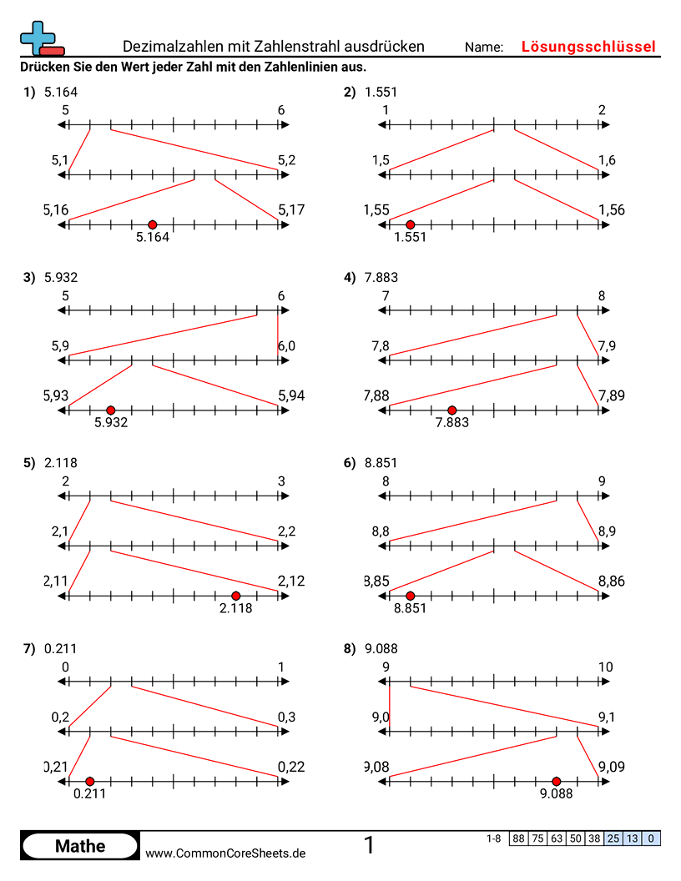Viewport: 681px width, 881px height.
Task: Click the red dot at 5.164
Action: click(152, 224)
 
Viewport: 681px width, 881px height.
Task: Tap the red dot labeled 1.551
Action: click(410, 224)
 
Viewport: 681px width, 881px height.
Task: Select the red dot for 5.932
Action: click(111, 410)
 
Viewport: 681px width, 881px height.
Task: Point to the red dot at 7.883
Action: click(452, 410)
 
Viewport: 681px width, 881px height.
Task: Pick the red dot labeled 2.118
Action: click(236, 596)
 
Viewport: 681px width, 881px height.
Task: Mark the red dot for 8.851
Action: click(410, 596)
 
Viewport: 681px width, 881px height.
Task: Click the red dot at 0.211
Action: click(90, 781)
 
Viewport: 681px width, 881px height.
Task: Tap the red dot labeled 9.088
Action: click(557, 781)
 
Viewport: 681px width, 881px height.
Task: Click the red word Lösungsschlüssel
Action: click(588, 47)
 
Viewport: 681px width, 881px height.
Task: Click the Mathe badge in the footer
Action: click(80, 846)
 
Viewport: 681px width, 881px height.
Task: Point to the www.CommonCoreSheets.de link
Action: click(225, 853)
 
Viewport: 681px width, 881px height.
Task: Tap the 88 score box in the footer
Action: click(518, 838)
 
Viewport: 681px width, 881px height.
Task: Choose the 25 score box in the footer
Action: click(613, 838)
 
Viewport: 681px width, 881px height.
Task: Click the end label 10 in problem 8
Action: click(606, 667)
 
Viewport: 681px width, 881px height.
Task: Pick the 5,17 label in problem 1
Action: click(292, 210)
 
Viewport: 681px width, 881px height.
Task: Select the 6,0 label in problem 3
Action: click(286, 345)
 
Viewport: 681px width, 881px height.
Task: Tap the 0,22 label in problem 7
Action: click(292, 767)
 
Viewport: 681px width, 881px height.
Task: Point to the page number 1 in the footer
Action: click(370, 846)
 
